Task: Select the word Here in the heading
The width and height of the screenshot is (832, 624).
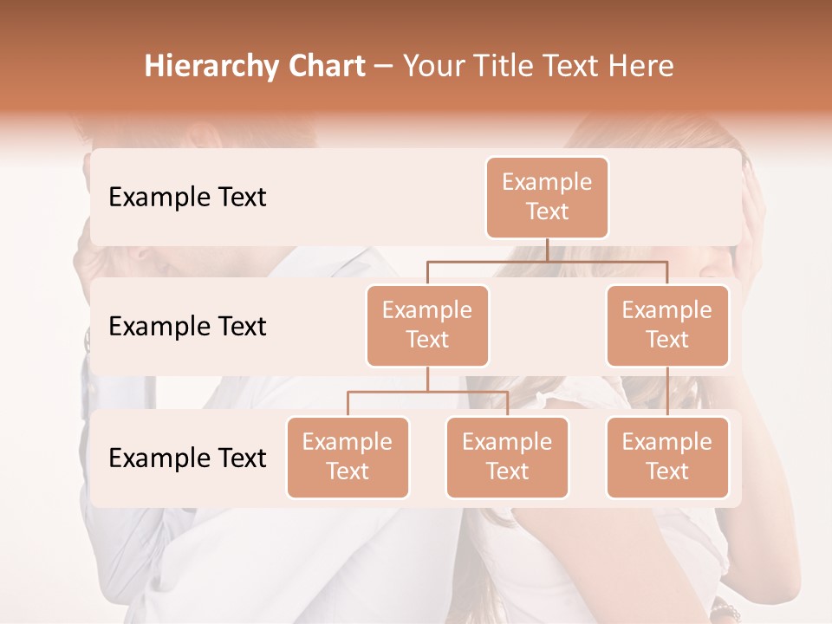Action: (x=641, y=67)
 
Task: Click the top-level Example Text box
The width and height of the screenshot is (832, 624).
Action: (x=547, y=198)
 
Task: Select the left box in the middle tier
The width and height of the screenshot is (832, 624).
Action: (x=427, y=326)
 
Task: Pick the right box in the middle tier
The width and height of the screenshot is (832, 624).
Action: (x=667, y=326)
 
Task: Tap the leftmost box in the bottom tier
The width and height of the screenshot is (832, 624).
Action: (x=348, y=458)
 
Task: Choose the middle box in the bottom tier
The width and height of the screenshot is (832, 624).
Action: (x=507, y=458)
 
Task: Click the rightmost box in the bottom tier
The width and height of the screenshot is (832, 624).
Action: (x=667, y=458)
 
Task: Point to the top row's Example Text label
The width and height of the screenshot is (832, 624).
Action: (x=187, y=198)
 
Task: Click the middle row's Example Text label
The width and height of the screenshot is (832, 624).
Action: (x=187, y=327)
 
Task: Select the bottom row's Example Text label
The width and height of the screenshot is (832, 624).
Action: (x=187, y=458)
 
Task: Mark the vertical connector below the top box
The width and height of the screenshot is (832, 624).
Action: (x=547, y=250)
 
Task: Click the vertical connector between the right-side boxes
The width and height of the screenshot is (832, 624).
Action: (x=667, y=392)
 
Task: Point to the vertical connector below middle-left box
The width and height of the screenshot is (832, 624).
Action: (x=427, y=379)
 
